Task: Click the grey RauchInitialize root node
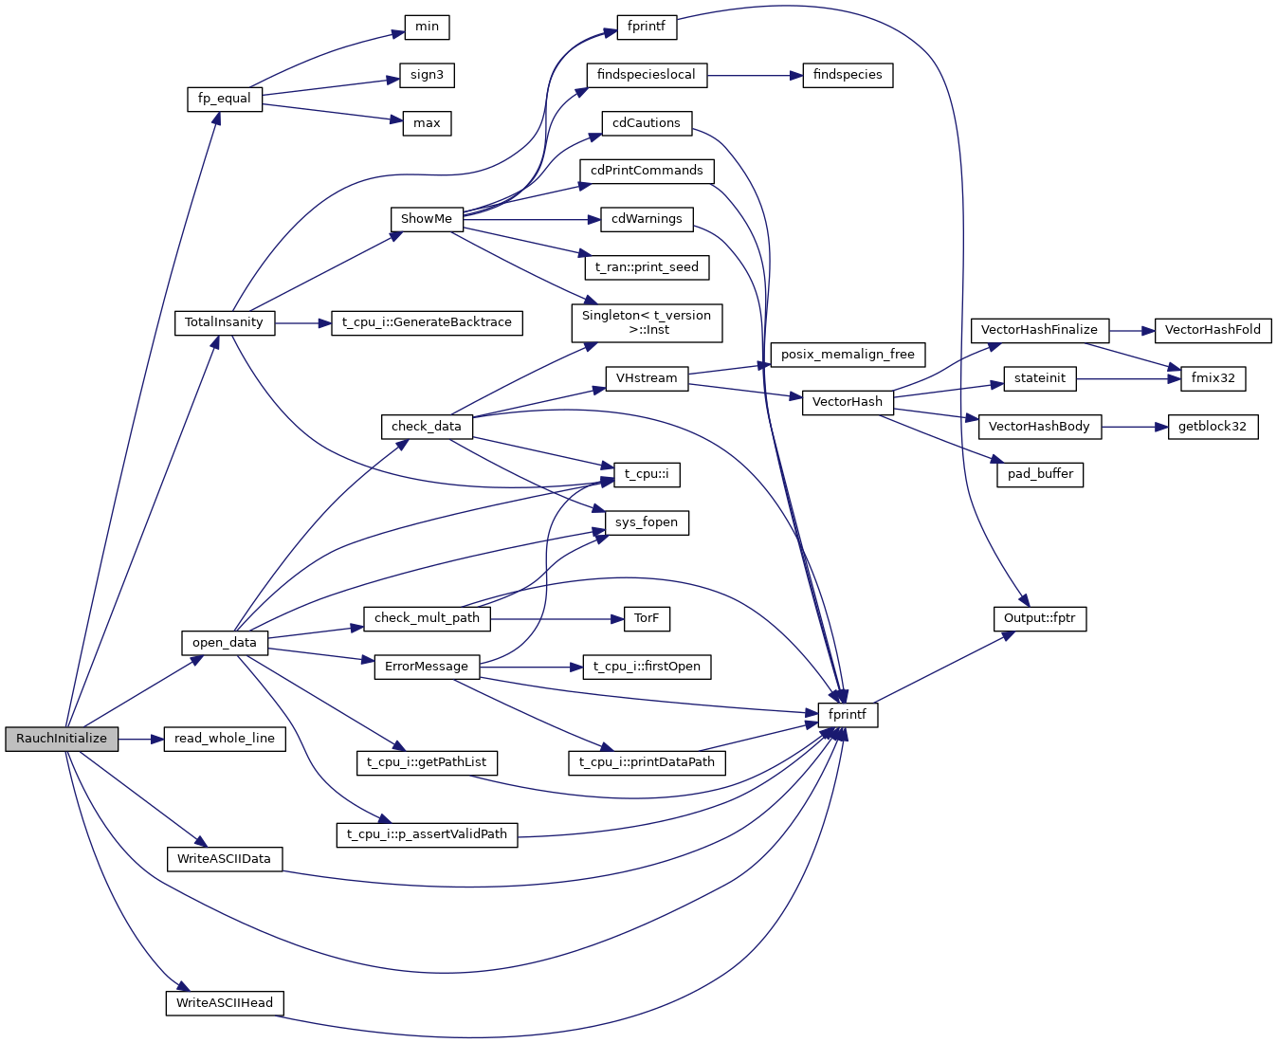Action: pyautogui.click(x=62, y=739)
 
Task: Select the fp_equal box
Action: pyautogui.click(x=225, y=99)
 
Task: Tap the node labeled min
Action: pyautogui.click(x=427, y=27)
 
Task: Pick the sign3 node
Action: pyautogui.click(x=427, y=75)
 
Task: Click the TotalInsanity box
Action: pyautogui.click(x=225, y=322)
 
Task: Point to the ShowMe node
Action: pyautogui.click(x=427, y=219)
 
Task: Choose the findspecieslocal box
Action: pyautogui.click(x=647, y=75)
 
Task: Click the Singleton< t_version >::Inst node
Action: pyautogui.click(x=647, y=322)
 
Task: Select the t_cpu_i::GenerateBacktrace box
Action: pyautogui.click(x=427, y=322)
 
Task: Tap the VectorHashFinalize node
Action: pyautogui.click(x=1039, y=330)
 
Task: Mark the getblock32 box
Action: pyautogui.click(x=1213, y=427)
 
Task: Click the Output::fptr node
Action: pyautogui.click(x=1039, y=618)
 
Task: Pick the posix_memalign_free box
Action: pyautogui.click(x=848, y=355)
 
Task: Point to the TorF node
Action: pyautogui.click(x=647, y=618)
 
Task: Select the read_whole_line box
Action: pyautogui.click(x=225, y=739)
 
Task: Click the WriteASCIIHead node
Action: pyautogui.click(x=225, y=1003)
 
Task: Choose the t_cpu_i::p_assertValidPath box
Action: pyautogui.click(x=427, y=834)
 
